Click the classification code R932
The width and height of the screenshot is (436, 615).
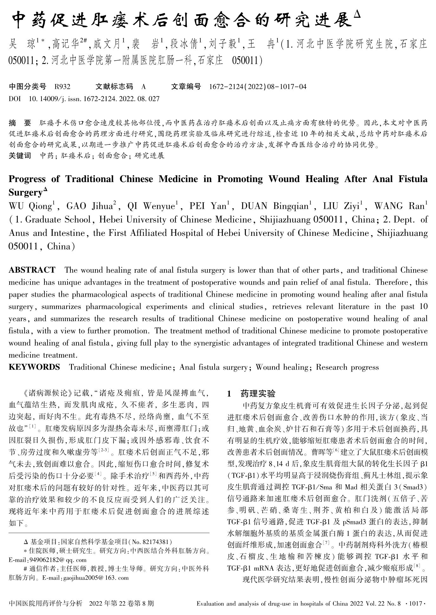[62, 87]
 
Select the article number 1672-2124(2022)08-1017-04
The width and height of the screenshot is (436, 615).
[258, 87]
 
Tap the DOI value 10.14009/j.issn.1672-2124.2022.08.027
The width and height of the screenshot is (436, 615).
[94, 99]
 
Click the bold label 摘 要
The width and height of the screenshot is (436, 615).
[20, 123]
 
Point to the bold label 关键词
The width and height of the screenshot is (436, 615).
[20, 156]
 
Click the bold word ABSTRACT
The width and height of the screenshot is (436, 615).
[32, 270]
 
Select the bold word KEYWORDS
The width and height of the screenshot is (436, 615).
[34, 367]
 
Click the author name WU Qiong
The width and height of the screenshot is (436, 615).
[30, 206]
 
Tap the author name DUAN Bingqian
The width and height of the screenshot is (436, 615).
[275, 206]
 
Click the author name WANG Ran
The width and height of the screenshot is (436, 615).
[399, 206]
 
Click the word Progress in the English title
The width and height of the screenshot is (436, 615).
[27, 179]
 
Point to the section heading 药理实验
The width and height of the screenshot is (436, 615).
[258, 394]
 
